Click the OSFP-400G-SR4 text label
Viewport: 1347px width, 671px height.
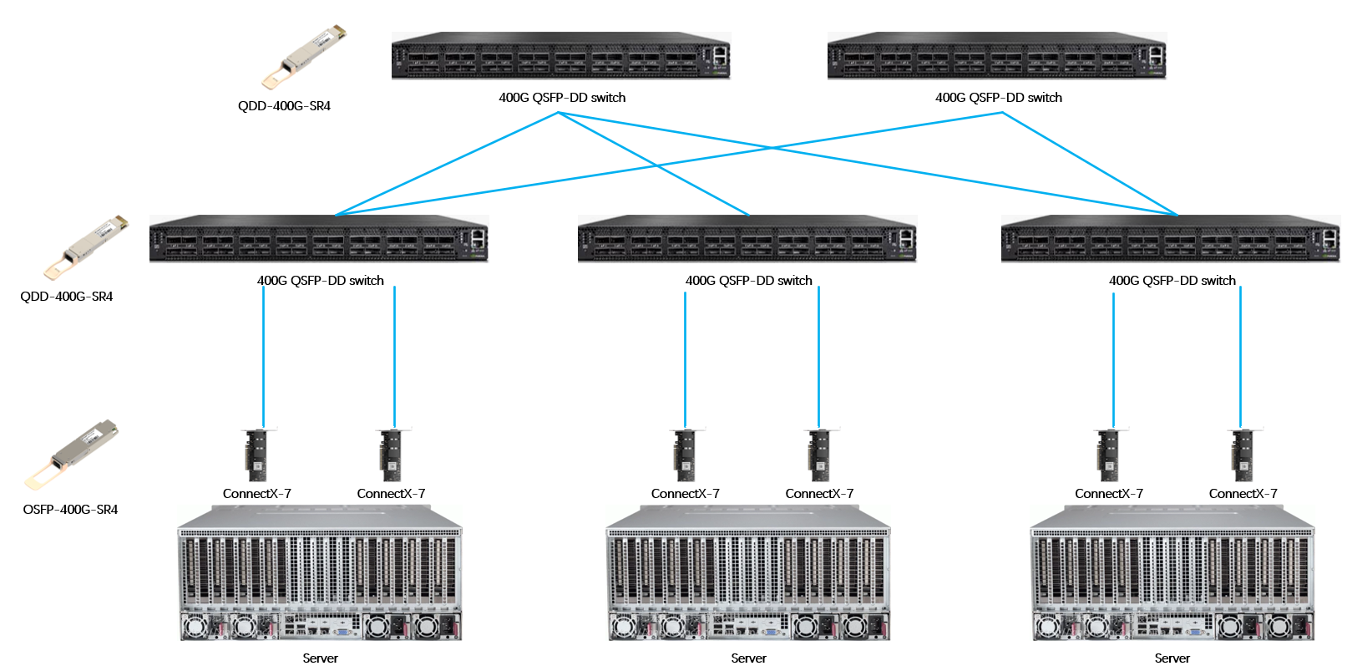click(x=70, y=509)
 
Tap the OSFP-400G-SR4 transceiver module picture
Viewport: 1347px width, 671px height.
click(x=73, y=453)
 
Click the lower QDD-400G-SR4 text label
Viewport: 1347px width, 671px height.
click(x=67, y=296)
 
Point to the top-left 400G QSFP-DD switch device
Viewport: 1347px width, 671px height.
click(x=561, y=56)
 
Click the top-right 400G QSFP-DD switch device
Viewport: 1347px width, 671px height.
click(x=996, y=56)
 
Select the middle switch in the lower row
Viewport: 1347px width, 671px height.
click(x=747, y=239)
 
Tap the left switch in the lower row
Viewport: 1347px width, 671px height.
click(x=319, y=239)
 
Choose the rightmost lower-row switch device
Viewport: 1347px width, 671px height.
click(x=1170, y=239)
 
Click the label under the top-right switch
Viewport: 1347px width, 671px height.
click(x=998, y=98)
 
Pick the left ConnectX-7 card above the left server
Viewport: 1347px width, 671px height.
click(x=257, y=455)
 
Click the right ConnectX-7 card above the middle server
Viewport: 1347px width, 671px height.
click(x=819, y=455)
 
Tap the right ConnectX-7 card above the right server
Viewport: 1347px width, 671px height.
click(x=1243, y=455)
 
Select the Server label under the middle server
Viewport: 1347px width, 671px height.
click(x=748, y=658)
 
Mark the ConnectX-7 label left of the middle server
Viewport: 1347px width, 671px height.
click(x=685, y=494)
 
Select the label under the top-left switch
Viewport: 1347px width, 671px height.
click(x=562, y=98)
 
